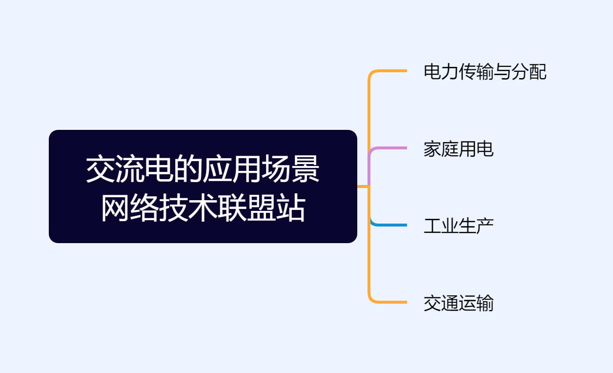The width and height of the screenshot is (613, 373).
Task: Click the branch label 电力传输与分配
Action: (485, 72)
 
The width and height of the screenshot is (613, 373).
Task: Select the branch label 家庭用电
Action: (458, 149)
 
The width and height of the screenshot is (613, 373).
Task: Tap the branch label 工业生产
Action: (458, 226)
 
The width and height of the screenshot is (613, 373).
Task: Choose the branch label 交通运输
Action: (458, 303)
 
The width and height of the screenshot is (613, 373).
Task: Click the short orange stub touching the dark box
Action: (363, 186)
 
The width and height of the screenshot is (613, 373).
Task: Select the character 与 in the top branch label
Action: (503, 72)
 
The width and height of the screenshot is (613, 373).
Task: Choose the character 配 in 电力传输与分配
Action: (538, 72)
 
